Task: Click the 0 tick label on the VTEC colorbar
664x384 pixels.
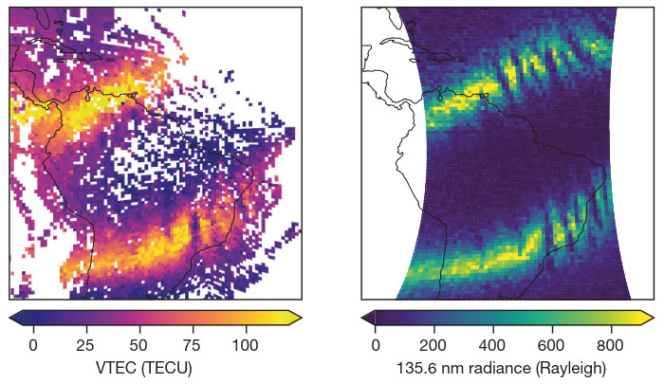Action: pos(33,344)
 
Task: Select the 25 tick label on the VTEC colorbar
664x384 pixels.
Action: pos(86,344)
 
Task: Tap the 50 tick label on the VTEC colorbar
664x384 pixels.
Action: pos(138,344)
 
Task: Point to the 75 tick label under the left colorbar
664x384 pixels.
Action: pos(192,344)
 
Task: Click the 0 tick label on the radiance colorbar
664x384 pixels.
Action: pos(376,344)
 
